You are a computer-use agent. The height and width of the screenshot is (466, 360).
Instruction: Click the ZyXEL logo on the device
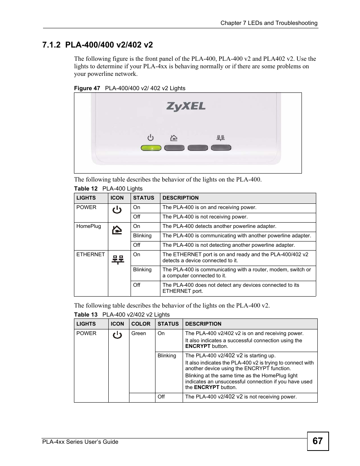(x=186, y=106)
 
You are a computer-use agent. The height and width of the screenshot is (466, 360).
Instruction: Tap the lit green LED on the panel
(x=151, y=148)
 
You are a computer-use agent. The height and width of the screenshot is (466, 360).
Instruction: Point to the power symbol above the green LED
(x=151, y=138)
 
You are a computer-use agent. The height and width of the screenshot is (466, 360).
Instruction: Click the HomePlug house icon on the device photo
(x=174, y=138)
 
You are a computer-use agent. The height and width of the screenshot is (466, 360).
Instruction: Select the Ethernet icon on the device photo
(x=221, y=138)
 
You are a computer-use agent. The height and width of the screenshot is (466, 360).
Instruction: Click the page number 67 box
(x=318, y=441)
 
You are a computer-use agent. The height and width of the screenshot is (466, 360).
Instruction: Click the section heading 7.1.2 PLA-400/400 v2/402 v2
(x=98, y=45)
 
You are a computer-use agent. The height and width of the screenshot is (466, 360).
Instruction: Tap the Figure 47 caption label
(x=87, y=88)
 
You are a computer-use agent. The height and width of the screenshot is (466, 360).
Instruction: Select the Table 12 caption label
(x=86, y=189)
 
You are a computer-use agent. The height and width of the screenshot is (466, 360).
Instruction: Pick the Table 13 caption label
(x=86, y=315)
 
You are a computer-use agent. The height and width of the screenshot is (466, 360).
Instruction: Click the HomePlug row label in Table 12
(x=89, y=226)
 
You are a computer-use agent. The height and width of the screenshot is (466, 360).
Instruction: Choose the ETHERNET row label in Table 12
(x=91, y=255)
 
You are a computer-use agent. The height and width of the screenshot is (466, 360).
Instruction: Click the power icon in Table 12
(x=117, y=210)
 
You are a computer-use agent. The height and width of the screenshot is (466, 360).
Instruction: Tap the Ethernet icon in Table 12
(x=118, y=260)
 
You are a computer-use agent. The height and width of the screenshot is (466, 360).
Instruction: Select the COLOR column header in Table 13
(x=141, y=324)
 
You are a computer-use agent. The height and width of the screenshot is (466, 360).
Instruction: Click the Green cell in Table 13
(x=138, y=334)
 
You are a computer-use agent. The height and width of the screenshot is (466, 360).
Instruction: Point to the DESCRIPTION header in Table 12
(x=180, y=198)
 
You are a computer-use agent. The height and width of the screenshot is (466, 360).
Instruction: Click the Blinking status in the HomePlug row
(x=142, y=236)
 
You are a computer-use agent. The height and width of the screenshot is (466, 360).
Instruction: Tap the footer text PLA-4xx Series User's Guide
(x=79, y=442)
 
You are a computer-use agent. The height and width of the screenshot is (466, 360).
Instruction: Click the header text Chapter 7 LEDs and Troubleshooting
(x=269, y=23)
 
